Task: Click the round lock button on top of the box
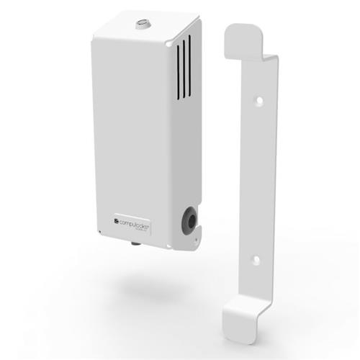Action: click(140, 26)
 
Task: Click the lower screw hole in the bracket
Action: click(253, 257)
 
